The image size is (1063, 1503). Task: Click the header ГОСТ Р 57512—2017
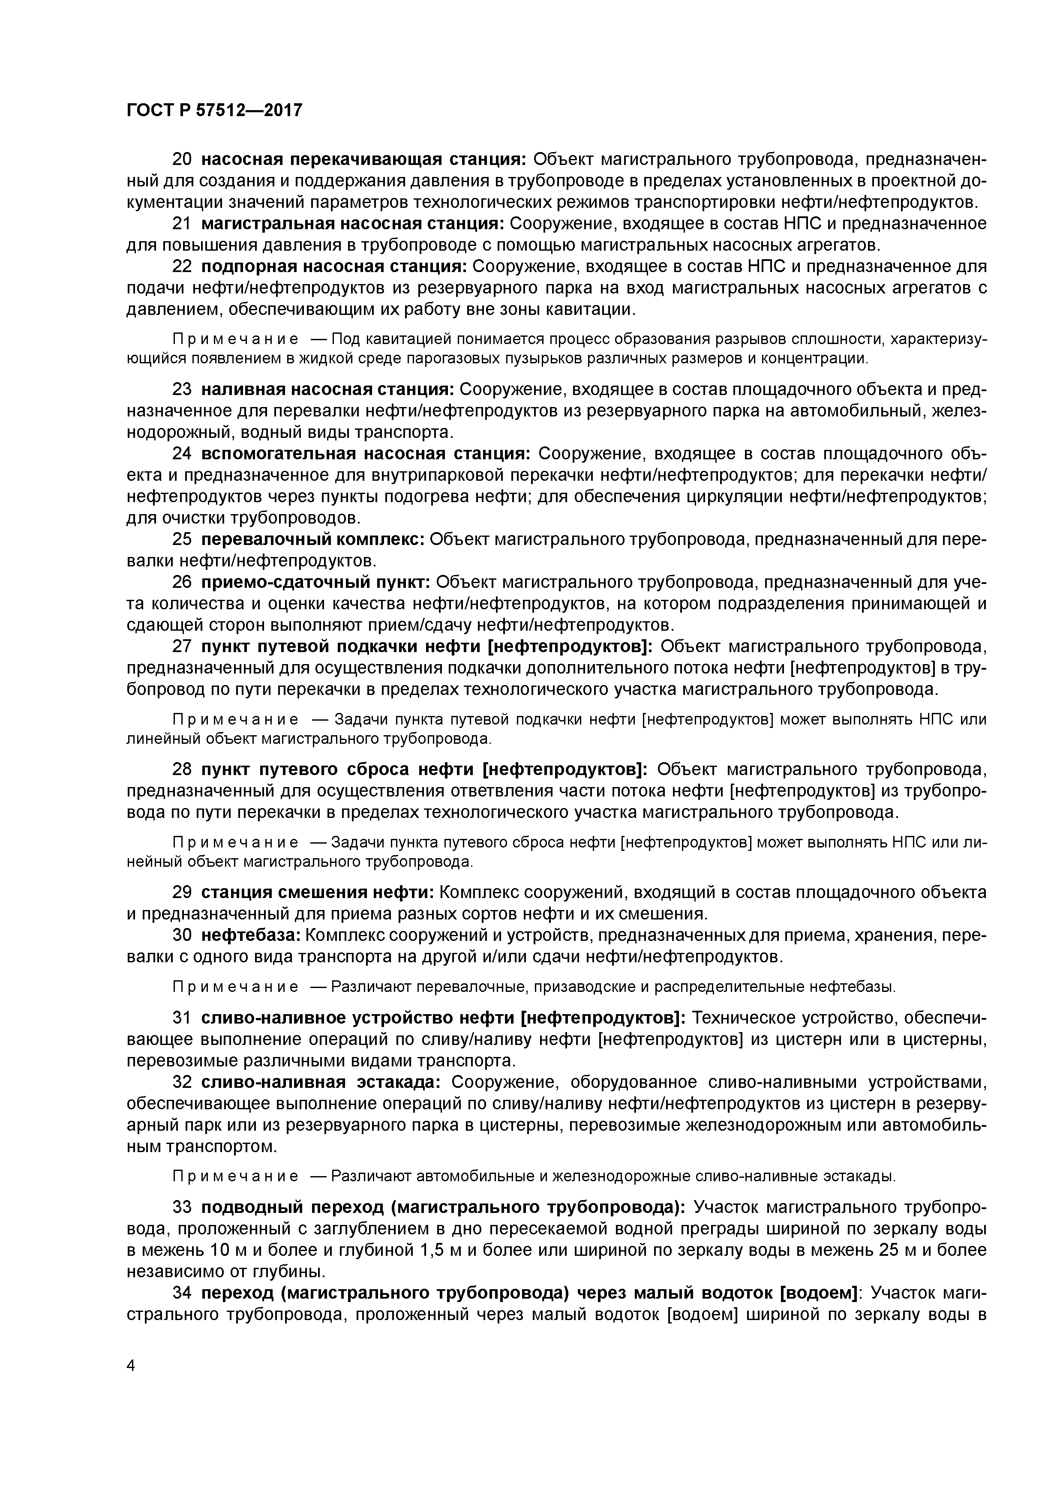pos(214,111)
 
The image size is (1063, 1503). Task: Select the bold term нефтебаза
pos(251,936)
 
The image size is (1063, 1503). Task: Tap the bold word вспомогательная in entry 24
pos(278,454)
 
